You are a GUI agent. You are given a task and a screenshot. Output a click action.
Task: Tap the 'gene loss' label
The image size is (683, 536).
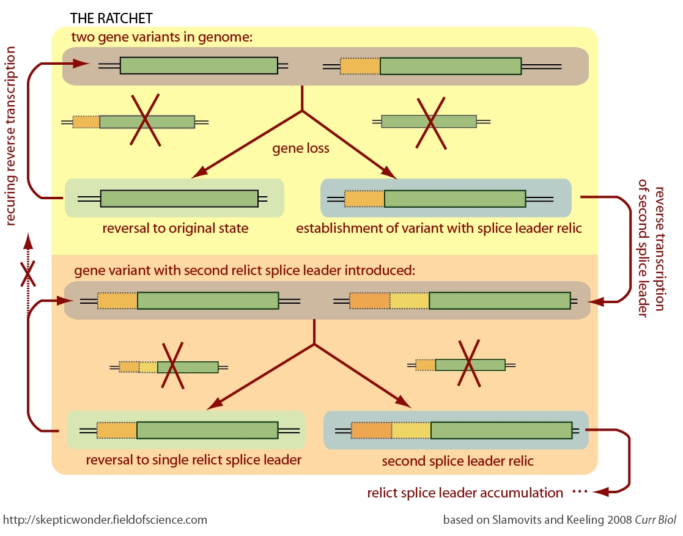coord(300,149)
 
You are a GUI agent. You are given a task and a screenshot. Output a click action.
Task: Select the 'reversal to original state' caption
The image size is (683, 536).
coord(175,229)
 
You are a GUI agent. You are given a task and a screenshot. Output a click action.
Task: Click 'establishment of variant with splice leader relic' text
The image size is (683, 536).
coord(438,229)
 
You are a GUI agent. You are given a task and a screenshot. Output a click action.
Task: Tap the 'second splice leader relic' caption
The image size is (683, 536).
coord(457,461)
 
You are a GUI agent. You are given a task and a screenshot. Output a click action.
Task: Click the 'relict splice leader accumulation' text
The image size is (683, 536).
coord(465,493)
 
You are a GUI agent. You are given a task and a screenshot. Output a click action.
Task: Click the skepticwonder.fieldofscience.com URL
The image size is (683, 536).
coord(105,520)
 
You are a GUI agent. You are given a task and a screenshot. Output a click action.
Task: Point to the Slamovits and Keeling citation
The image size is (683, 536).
coord(559,520)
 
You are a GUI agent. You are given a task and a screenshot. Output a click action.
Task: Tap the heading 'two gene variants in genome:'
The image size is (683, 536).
coord(161,37)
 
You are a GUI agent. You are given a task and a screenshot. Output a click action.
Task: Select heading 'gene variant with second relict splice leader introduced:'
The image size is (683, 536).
coord(245,270)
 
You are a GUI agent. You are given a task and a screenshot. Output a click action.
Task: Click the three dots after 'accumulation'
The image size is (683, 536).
coord(579,492)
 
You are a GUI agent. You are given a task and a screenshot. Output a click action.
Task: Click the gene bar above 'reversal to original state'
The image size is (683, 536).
coord(179,199)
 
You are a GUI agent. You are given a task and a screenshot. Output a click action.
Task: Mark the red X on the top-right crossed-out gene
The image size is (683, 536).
coord(431,122)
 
